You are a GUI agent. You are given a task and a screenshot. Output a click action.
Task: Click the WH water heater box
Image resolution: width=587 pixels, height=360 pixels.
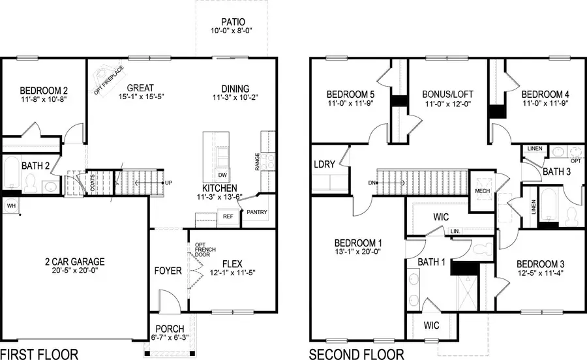[10, 205]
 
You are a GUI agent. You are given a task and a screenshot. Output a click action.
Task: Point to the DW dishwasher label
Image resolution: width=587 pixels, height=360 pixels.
[222, 175]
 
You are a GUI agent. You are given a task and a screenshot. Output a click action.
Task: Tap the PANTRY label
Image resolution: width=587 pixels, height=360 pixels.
[256, 213]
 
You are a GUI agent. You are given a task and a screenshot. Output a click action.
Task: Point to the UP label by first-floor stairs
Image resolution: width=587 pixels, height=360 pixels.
[168, 183]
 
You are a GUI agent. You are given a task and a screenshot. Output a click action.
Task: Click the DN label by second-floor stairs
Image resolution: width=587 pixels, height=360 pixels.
[372, 183]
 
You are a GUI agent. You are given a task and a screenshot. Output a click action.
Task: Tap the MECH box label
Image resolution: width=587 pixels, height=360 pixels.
[482, 191]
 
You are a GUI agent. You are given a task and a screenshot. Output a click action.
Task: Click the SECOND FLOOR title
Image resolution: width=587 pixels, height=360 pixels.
[356, 354]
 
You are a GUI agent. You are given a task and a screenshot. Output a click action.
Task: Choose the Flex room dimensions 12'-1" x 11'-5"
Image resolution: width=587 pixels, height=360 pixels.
[231, 273]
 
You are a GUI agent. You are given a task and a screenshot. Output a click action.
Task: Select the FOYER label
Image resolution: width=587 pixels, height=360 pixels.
[168, 270]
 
